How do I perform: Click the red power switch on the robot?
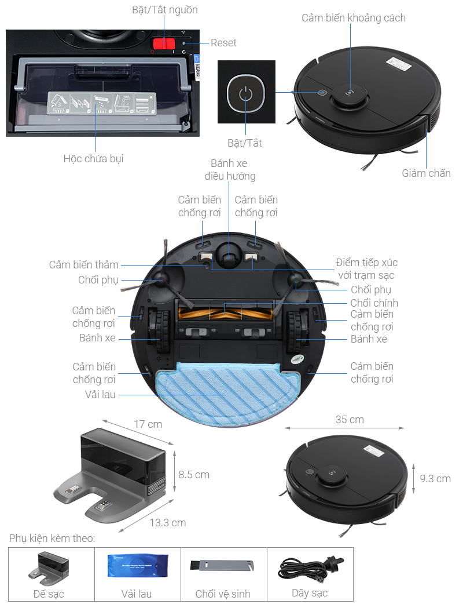[163, 44]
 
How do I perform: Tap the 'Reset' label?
[223, 43]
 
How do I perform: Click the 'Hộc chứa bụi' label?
[93, 158]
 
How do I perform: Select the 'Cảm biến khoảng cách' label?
[354, 18]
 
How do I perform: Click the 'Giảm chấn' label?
[426, 173]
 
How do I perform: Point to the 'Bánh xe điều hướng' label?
[229, 170]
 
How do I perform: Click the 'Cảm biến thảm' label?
[83, 265]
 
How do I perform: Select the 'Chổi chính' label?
[374, 303]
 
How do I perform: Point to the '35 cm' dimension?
[350, 419]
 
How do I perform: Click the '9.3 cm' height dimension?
[435, 478]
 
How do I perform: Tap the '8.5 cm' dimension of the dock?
[194, 474]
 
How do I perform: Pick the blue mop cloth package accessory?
[137, 566]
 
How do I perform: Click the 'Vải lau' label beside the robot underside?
[100, 394]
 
